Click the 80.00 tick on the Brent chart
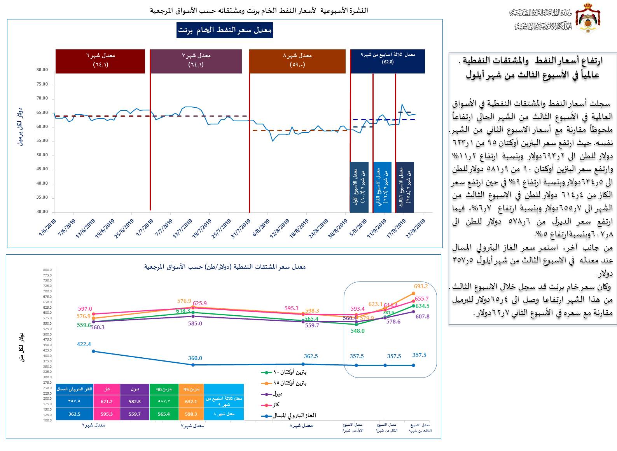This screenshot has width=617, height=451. click(42, 70)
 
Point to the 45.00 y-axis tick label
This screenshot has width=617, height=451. click(42, 169)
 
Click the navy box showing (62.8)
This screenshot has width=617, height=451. click(388, 61)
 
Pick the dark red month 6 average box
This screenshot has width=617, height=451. click(100, 61)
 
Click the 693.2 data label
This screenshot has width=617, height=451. click(421, 286)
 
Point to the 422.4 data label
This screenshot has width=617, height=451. click(84, 344)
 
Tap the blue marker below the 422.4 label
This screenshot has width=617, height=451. click(93, 351)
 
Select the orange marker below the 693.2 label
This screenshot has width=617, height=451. click(413, 294)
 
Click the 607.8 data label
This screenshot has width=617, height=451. click(423, 316)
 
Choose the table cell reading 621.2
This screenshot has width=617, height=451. click(107, 402)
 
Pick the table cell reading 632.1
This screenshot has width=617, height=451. click(191, 402)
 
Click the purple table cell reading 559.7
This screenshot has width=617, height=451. click(135, 414)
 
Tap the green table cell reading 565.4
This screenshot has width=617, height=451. click(164, 414)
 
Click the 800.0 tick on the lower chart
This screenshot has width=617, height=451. click(47, 270)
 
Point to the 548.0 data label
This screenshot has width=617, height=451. click(358, 331)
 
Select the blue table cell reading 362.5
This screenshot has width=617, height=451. click(74, 414)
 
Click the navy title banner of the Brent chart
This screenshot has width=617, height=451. click(225, 30)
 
